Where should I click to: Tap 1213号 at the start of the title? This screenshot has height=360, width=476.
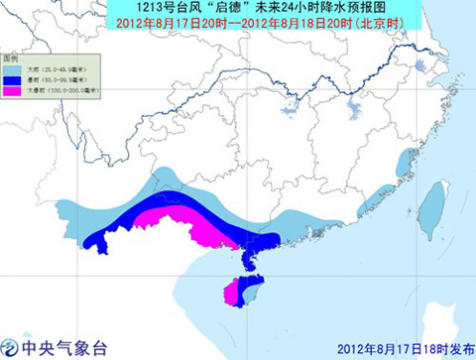tap(146, 9)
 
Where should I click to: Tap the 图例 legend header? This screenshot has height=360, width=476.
tap(12, 59)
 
